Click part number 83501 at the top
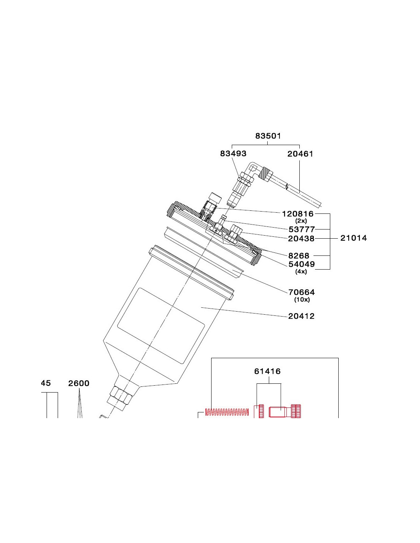[x=268, y=136]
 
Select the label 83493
[x=233, y=154]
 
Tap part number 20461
[x=300, y=154]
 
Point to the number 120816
[x=297, y=214]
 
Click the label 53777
[x=302, y=229]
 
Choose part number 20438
[x=301, y=239]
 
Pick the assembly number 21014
[x=354, y=238]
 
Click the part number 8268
[x=299, y=255]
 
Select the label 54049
[x=302, y=264]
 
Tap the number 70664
[x=302, y=292]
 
